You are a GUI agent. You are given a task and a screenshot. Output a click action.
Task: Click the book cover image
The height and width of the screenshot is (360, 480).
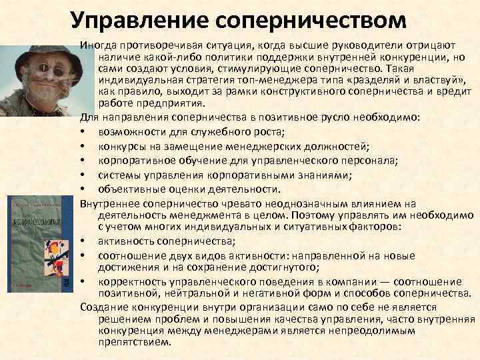40,243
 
